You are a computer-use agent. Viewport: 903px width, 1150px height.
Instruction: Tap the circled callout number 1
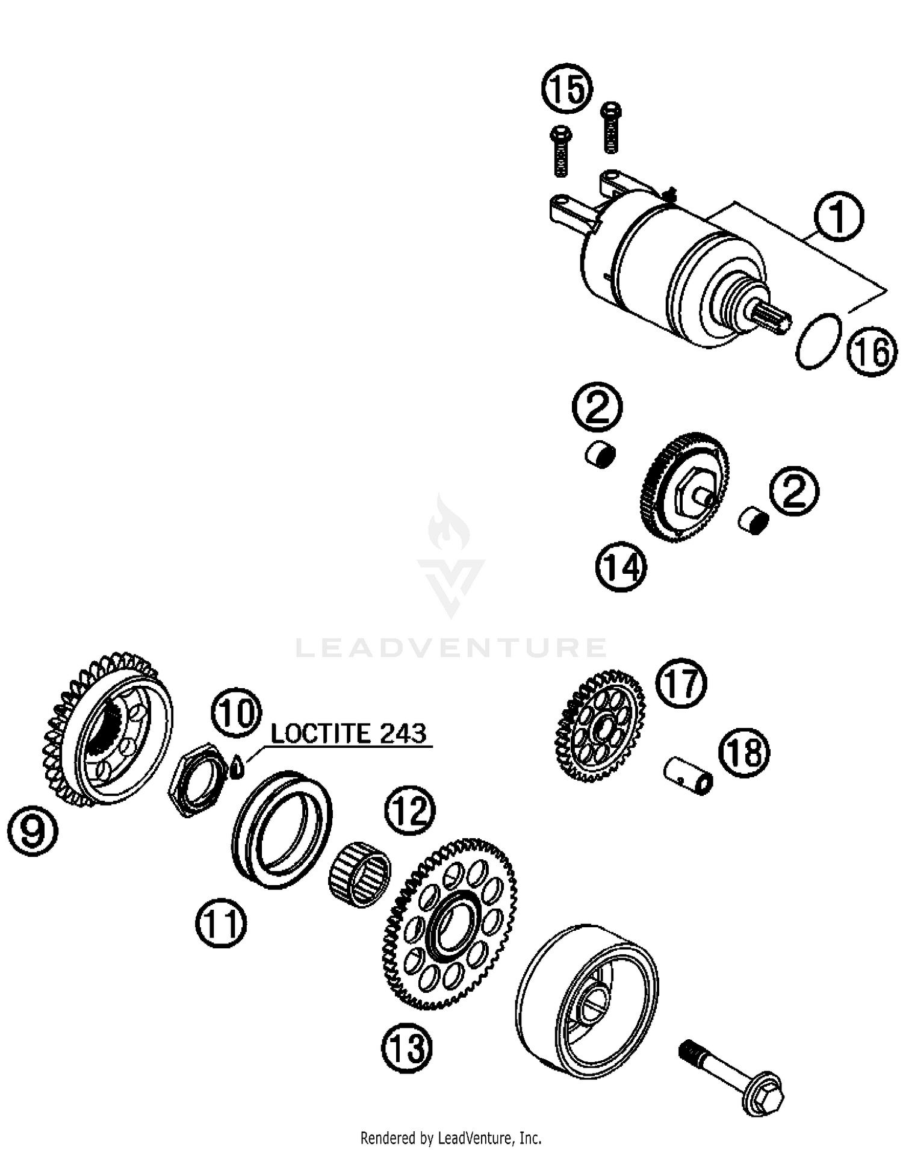(839, 217)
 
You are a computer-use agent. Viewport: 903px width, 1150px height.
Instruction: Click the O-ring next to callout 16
(818, 340)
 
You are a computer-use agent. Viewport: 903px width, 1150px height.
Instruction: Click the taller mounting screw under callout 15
(611, 128)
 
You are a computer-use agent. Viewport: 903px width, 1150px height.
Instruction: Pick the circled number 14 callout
(621, 567)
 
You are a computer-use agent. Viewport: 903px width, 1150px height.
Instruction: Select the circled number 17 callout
(681, 683)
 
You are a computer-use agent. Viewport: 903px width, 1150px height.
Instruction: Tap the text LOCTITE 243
(349, 733)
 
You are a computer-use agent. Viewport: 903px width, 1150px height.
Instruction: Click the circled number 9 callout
(33, 831)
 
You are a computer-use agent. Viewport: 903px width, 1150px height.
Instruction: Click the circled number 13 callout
(407, 1047)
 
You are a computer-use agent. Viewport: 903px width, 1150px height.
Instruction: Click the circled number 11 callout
(221, 924)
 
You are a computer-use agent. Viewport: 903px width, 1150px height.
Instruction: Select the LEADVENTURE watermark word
(451, 648)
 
